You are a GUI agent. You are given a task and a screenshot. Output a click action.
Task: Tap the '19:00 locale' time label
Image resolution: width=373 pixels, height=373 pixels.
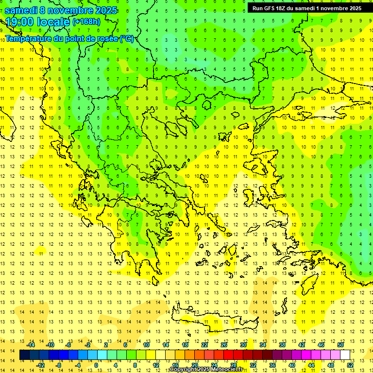(37, 22)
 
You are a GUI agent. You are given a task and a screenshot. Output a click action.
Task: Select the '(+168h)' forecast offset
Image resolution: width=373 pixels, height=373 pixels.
(86, 22)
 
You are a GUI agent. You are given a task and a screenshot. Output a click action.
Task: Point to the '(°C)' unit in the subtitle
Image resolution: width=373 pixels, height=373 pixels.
(126, 38)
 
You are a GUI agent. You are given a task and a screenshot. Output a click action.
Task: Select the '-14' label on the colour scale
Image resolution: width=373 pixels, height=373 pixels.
(31, 345)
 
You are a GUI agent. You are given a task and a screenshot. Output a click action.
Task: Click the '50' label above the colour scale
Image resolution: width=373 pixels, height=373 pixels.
(340, 345)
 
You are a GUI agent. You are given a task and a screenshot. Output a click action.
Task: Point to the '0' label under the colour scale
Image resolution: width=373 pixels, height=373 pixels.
(96, 365)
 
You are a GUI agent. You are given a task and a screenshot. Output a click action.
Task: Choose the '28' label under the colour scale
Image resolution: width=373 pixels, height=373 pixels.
(233, 365)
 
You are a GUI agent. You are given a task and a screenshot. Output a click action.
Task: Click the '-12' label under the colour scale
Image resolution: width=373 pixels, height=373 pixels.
(41, 365)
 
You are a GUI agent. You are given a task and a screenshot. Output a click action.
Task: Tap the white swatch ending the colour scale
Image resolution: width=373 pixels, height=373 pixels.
(345, 355)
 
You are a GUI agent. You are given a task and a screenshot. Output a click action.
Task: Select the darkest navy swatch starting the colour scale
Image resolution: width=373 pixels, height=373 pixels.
(25, 355)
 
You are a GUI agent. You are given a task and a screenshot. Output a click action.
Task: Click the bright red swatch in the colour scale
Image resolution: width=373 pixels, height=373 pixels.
(228, 355)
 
